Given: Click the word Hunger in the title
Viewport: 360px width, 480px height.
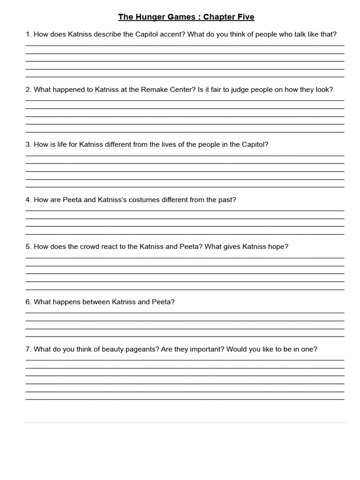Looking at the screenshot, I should click(148, 17).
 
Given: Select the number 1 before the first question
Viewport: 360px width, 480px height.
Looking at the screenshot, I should click(28, 34).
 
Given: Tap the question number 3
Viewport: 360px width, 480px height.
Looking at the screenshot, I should click(28, 144).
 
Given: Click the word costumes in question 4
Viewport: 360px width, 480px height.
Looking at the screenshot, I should click(143, 200).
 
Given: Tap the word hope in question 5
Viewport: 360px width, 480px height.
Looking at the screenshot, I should click(278, 247).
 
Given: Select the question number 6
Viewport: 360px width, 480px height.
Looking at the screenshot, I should click(28, 302).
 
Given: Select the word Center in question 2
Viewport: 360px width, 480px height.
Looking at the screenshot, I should click(180, 90).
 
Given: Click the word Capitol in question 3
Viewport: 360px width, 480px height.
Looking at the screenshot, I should click(254, 144).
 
